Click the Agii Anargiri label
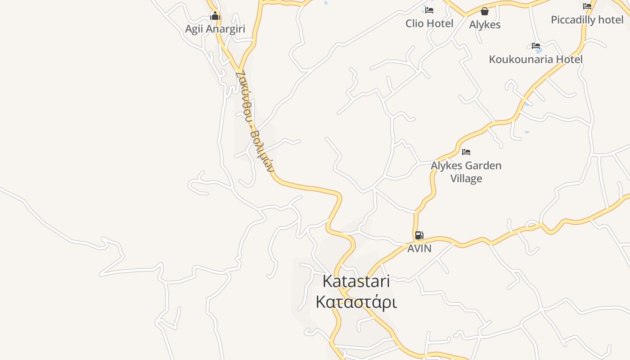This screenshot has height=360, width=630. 215,29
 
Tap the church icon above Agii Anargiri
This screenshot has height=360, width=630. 215,17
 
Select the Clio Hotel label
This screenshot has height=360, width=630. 429,23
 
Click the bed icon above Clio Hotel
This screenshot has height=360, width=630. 429,10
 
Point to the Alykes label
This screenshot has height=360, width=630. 485,25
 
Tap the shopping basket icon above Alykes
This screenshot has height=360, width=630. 485,11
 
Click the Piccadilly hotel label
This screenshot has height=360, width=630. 587,20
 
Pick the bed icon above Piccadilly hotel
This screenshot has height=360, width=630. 587,6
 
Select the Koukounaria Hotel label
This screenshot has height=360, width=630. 535,59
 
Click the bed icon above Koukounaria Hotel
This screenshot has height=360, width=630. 535,46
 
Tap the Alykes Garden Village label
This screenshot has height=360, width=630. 466,172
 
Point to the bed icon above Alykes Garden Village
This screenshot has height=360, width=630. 466,152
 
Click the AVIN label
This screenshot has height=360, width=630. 419,248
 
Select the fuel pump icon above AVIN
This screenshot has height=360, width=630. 419,235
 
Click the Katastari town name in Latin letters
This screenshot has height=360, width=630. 356,281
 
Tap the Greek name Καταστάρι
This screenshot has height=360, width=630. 356,302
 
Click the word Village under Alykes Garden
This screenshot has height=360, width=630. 466,179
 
